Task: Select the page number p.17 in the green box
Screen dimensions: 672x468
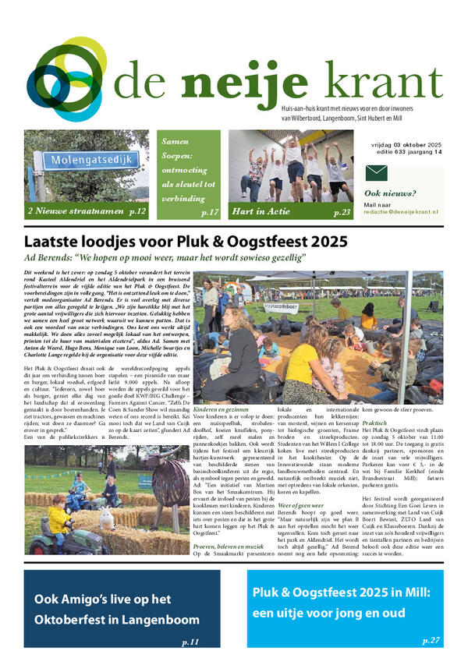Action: pyautogui.click(x=210, y=211)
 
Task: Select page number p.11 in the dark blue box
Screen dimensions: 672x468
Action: pyautogui.click(x=190, y=642)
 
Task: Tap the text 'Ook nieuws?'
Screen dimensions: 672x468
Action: pyautogui.click(x=385, y=193)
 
